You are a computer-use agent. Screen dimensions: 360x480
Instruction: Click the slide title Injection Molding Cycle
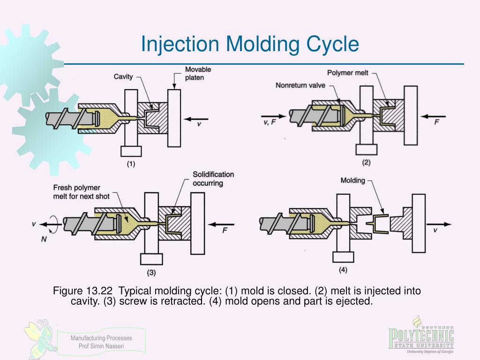[x=250, y=45]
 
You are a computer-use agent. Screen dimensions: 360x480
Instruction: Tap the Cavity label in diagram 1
[x=123, y=76]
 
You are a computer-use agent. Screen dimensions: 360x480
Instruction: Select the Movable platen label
[x=198, y=74]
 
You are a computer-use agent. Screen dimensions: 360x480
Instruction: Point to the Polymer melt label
[x=348, y=73]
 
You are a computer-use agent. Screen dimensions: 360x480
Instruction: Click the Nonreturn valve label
[x=300, y=86]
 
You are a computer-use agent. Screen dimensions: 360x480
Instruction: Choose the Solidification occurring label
[x=213, y=179]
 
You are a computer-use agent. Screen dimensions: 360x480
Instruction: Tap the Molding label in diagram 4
[x=352, y=180]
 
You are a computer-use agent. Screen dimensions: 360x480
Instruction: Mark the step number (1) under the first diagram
[x=130, y=164]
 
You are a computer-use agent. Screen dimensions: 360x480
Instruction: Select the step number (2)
[x=366, y=163]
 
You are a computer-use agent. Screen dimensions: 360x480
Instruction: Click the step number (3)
[x=151, y=272]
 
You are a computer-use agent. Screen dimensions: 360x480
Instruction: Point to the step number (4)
[x=343, y=270]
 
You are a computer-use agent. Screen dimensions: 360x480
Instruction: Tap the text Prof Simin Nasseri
[x=101, y=346]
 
